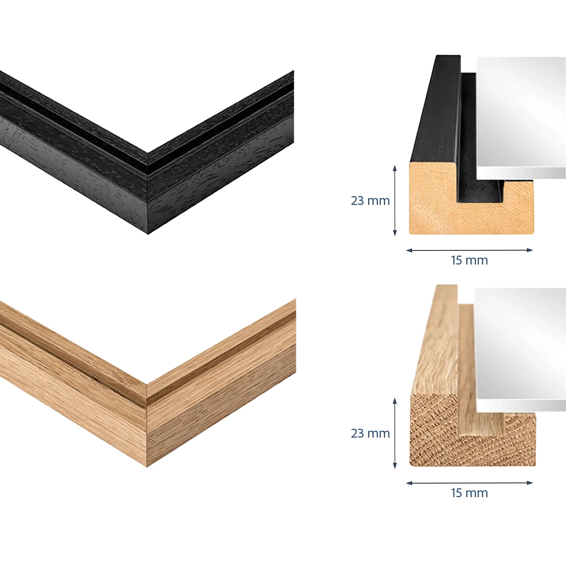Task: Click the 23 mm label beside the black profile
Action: [x=370, y=201]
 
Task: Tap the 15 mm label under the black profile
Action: [x=469, y=261]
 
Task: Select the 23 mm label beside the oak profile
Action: [x=370, y=434]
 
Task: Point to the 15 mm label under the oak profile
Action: [x=469, y=493]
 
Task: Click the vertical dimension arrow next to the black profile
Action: [x=395, y=201]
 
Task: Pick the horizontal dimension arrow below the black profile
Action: [x=469, y=250]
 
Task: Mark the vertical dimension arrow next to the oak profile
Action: [x=395, y=433]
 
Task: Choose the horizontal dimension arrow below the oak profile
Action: [x=469, y=483]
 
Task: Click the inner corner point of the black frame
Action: [x=147, y=153]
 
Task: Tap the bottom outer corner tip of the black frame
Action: [x=148, y=234]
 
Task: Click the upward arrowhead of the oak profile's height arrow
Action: [x=395, y=401]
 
